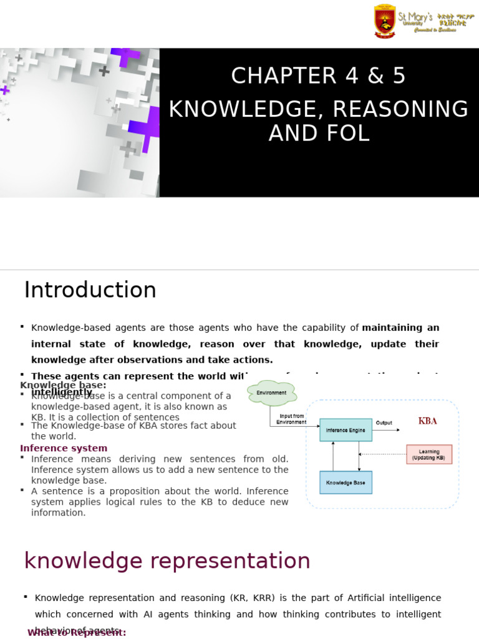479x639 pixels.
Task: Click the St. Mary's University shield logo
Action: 384,21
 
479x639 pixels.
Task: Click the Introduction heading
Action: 90,290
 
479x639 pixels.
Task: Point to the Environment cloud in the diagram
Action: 271,393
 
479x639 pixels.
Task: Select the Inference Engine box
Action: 346,430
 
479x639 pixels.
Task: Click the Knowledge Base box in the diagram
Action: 346,482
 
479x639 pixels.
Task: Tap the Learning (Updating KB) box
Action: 428,454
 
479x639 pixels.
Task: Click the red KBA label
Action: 428,421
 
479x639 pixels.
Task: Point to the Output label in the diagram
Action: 384,423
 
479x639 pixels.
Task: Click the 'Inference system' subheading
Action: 64,448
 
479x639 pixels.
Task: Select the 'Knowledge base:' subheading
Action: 63,385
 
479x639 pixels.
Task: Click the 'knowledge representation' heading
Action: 167,561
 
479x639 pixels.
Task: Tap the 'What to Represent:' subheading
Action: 77,632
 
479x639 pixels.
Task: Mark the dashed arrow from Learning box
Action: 384,454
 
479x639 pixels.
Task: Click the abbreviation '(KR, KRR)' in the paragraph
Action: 249,598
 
